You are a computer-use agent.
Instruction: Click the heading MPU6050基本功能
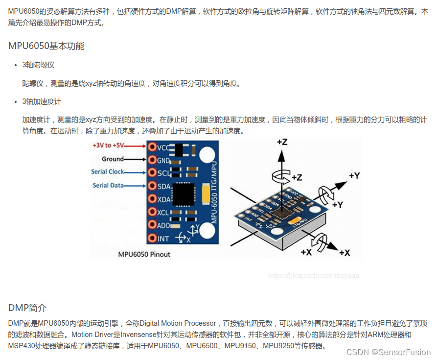pos(46,46)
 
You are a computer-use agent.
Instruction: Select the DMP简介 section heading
pos(27,308)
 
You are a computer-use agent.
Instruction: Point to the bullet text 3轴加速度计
pos(42,101)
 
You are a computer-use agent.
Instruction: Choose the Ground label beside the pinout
pos(113,159)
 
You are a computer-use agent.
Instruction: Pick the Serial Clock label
pos(108,172)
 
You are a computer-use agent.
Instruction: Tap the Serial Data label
pos(108,186)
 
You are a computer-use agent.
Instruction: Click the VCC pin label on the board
pos(163,147)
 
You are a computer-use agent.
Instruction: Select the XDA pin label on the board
pos(164,199)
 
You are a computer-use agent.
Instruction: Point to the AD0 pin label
pos(164,225)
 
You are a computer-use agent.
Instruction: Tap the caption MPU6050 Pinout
pos(144,254)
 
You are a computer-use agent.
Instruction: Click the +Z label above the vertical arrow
pos(282,142)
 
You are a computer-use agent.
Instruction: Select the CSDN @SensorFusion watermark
pos(389,352)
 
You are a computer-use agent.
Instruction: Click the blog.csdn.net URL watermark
pos(314,276)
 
